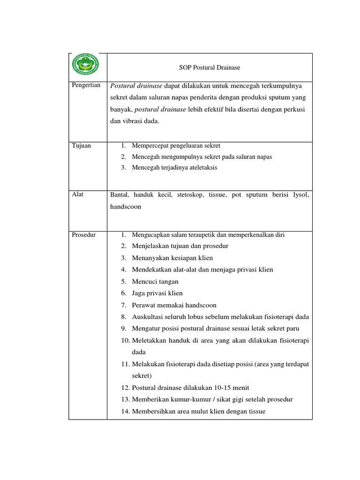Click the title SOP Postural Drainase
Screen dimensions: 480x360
tap(210, 67)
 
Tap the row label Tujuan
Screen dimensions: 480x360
tap(82, 146)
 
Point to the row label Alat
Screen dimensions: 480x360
tap(78, 194)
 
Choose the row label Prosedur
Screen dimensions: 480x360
tap(84, 235)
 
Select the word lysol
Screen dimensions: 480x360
tap(301, 195)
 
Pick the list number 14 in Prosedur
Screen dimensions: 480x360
tap(125, 412)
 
